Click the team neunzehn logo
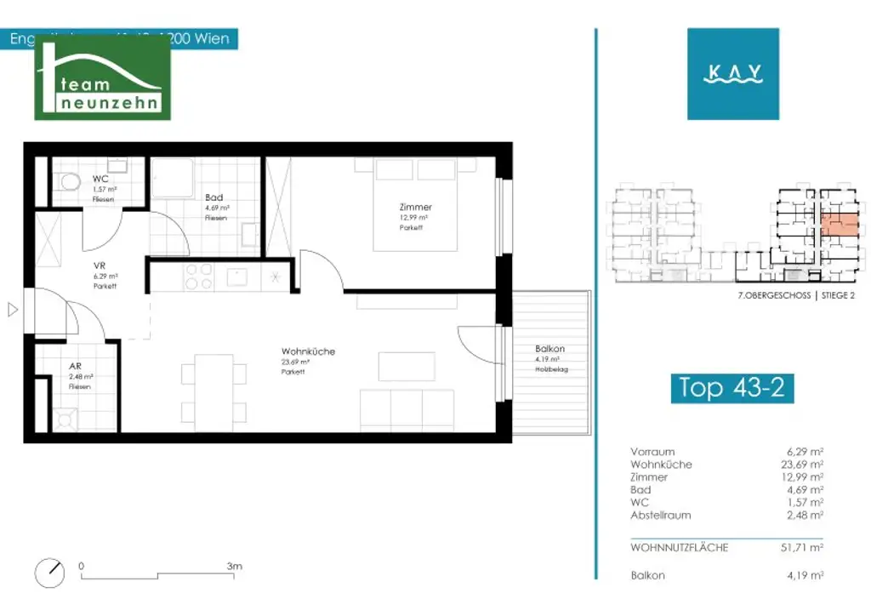pyautogui.click(x=103, y=78)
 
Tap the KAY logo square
pyautogui.click(x=732, y=74)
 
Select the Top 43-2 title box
pyautogui.click(x=732, y=387)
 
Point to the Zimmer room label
pyautogui.click(x=416, y=207)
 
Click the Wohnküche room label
pyautogui.click(x=308, y=351)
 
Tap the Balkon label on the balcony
pyautogui.click(x=549, y=349)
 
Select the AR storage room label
pyautogui.click(x=76, y=367)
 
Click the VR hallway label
pyautogui.click(x=100, y=265)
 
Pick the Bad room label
pyautogui.click(x=213, y=197)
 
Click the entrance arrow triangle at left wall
pyautogui.click(x=12, y=310)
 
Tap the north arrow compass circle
pyautogui.click(x=50, y=573)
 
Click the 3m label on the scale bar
pyautogui.click(x=235, y=566)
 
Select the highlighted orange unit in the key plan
pyautogui.click(x=838, y=226)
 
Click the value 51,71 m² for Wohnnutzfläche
pyautogui.click(x=805, y=548)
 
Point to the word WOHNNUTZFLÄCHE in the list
pyautogui.click(x=679, y=548)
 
